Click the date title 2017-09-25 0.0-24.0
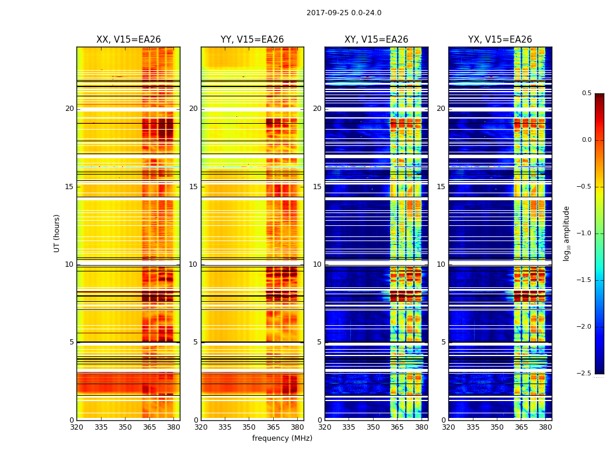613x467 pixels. pyautogui.click(x=344, y=13)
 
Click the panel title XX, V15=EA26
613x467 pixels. pyautogui.click(x=128, y=40)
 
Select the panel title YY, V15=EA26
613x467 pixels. pyautogui.click(x=252, y=40)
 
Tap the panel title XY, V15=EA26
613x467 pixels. pyautogui.click(x=376, y=40)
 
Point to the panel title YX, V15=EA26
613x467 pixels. pyautogui.click(x=500, y=40)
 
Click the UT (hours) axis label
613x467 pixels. pyautogui.click(x=57, y=233)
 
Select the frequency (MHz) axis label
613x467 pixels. pyautogui.click(x=282, y=438)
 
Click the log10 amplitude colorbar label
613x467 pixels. pyautogui.click(x=566, y=233)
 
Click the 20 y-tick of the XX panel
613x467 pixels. pyautogui.click(x=69, y=109)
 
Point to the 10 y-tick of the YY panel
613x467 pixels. pyautogui.click(x=193, y=264)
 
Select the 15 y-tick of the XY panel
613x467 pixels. pyautogui.click(x=317, y=187)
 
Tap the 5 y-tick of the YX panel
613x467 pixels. pyautogui.click(x=443, y=342)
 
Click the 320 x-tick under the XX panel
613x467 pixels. pyautogui.click(x=76, y=427)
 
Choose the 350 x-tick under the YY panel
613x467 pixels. pyautogui.click(x=249, y=427)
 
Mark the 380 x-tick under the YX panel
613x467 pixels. pyautogui.click(x=545, y=427)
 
